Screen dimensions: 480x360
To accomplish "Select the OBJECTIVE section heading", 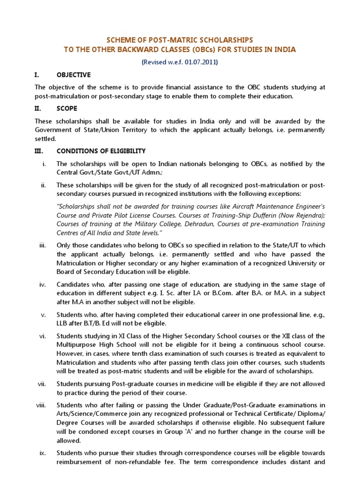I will tap(74, 75).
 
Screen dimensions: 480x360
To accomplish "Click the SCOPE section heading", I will tap(67, 108).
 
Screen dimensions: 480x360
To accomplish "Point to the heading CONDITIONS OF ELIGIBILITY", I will tap(101, 151).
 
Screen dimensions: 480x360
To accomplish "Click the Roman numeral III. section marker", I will tap(39, 151).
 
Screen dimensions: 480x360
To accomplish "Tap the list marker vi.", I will tap(43, 336).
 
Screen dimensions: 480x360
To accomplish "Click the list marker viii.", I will tap(42, 405).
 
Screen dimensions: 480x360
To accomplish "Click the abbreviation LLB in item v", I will tap(63, 323).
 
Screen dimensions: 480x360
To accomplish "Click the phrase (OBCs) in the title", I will tap(183, 49).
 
